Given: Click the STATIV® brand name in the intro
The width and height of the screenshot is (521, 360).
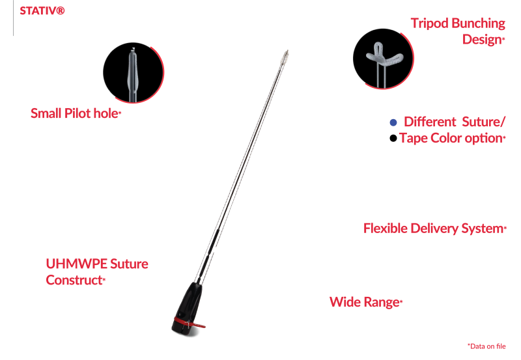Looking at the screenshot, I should pyautogui.click(x=42, y=12).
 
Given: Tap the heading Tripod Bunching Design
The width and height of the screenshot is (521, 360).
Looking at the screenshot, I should pyautogui.click(x=458, y=31).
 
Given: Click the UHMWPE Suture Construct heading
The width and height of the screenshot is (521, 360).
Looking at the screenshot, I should pyautogui.click(x=97, y=272).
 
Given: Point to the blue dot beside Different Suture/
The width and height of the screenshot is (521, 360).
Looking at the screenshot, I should pyautogui.click(x=392, y=122).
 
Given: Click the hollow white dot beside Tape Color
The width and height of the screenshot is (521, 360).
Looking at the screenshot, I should pyautogui.click(x=392, y=138).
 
